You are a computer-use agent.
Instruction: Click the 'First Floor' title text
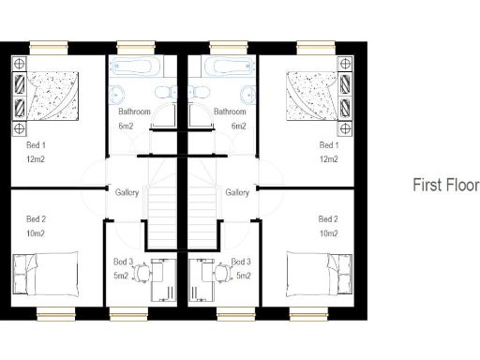445,186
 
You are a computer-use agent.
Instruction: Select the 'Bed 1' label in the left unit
37,145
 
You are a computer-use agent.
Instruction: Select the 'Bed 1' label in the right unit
328,145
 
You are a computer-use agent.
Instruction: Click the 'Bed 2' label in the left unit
37,218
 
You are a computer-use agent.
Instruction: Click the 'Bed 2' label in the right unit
328,218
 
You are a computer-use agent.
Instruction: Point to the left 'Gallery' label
127,192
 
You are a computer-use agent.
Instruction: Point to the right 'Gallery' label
237,192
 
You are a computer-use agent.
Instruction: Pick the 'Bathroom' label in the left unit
134,112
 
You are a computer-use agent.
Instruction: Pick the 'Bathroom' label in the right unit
230,112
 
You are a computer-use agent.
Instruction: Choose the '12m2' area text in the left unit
37,159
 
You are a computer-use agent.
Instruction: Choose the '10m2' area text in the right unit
328,232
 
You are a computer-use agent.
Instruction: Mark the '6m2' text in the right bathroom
238,126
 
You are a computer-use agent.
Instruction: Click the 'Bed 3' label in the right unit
241,262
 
